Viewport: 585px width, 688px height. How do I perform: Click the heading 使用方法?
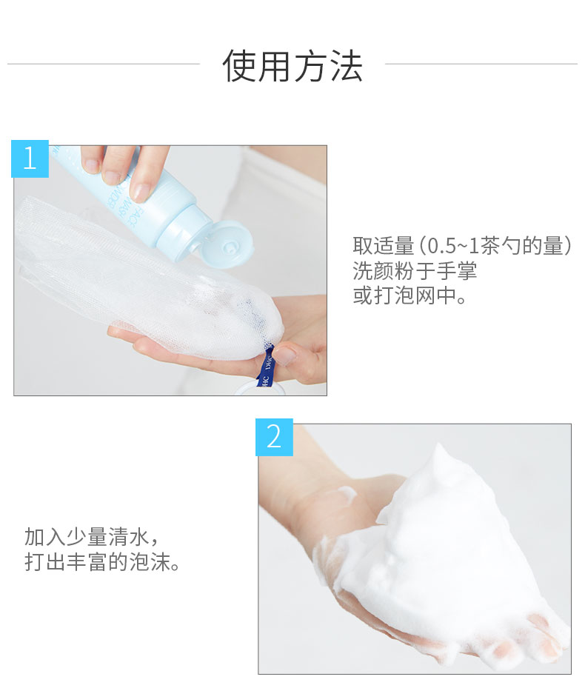[292, 66]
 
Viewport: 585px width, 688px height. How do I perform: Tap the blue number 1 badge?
[30, 158]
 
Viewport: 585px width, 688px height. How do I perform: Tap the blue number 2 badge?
[274, 437]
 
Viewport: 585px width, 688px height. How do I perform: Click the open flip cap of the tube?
[228, 244]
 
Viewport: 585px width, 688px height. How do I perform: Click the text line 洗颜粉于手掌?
[414, 271]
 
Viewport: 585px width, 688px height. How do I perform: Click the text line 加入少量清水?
[91, 537]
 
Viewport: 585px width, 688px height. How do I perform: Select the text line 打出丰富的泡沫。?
[101, 561]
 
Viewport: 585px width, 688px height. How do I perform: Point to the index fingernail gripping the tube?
[141, 193]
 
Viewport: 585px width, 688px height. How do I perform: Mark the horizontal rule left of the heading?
[104, 64]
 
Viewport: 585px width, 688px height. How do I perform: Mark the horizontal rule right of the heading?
[481, 64]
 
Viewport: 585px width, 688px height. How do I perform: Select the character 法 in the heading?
[347, 66]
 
